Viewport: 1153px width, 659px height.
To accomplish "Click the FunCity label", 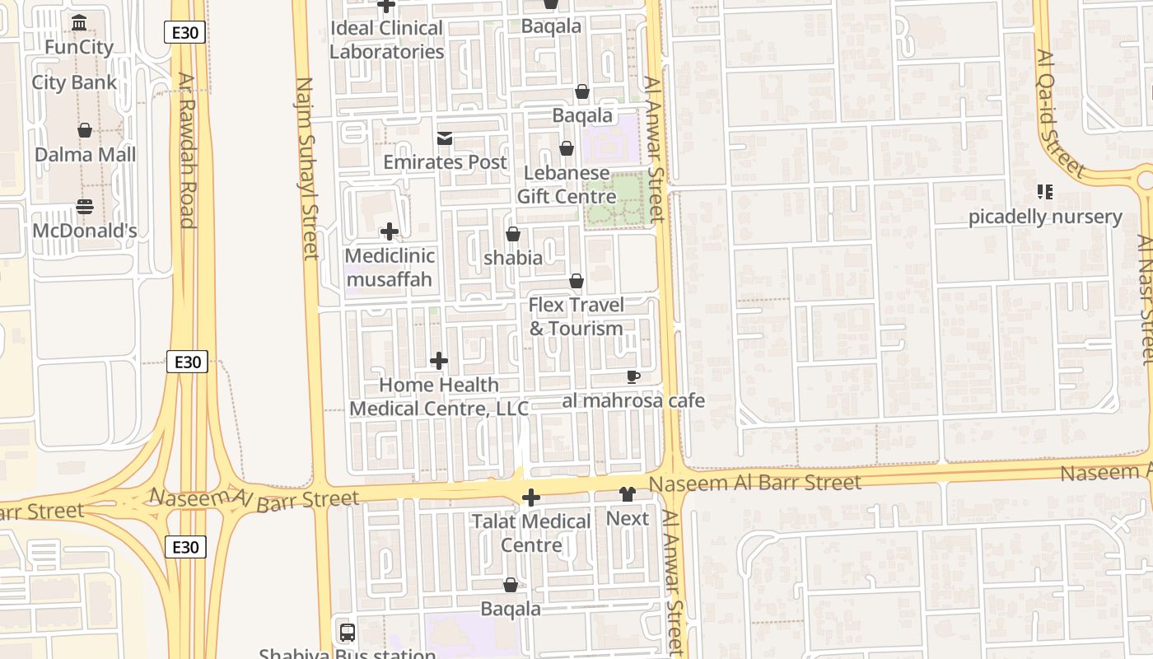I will click(79, 47).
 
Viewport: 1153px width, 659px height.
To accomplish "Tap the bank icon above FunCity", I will click(79, 22).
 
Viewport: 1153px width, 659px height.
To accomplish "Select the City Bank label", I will click(74, 82).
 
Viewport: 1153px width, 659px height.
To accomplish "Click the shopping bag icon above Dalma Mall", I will click(85, 130).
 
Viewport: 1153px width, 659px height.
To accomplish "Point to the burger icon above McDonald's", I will click(85, 206).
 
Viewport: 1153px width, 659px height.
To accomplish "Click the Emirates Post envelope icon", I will click(445, 138).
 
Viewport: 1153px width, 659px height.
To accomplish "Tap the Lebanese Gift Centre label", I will click(567, 185).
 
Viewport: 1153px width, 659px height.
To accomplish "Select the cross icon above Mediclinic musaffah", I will click(390, 232).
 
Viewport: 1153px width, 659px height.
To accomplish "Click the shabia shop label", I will click(513, 258).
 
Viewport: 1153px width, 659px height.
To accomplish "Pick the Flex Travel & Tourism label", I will click(576, 316).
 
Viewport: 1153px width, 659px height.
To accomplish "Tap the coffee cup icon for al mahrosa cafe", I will click(633, 377).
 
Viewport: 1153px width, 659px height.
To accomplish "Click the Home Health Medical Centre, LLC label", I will click(439, 396).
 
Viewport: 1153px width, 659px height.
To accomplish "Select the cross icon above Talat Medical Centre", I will click(531, 498).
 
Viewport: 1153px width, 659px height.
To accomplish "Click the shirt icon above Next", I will click(628, 494).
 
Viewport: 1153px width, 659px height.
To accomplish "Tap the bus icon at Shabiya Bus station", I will click(348, 633).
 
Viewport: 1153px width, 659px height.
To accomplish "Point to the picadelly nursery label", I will click(1045, 217).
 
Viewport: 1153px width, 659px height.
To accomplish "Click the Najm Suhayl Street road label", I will click(306, 168).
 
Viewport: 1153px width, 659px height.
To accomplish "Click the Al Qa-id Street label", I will click(1061, 114).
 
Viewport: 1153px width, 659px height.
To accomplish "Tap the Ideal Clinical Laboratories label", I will click(387, 40).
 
